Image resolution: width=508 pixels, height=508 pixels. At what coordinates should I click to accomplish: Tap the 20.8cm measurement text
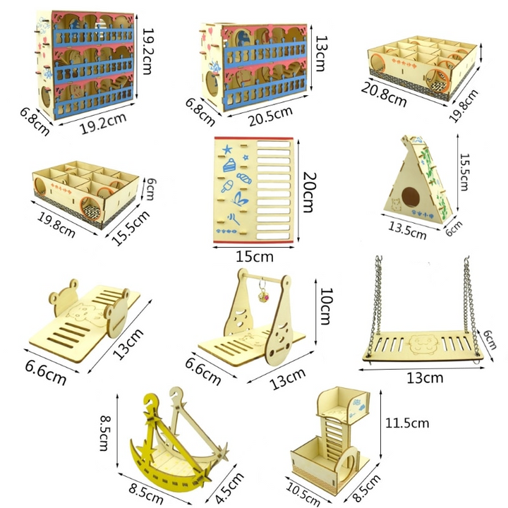pyautogui.click(x=384, y=95)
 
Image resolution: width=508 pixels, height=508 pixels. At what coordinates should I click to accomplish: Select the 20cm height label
pyautogui.click(x=309, y=192)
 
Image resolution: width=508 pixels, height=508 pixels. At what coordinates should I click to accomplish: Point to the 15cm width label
pyautogui.click(x=254, y=257)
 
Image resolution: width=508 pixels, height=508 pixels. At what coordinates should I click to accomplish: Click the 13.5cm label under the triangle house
pyautogui.click(x=407, y=231)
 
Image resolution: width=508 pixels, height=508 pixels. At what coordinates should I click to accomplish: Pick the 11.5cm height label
pyautogui.click(x=407, y=423)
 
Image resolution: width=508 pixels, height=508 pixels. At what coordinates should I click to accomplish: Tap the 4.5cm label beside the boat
pyautogui.click(x=229, y=488)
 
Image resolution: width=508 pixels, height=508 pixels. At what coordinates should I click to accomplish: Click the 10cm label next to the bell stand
pyautogui.click(x=326, y=306)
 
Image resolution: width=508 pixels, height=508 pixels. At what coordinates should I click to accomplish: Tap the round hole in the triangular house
pyautogui.click(x=410, y=197)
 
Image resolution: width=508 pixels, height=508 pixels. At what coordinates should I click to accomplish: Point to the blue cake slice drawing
pyautogui.click(x=229, y=165)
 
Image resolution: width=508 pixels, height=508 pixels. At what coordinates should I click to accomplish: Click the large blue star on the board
pyautogui.click(x=227, y=150)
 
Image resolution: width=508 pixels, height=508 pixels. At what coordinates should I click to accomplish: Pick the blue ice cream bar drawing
pyautogui.click(x=227, y=186)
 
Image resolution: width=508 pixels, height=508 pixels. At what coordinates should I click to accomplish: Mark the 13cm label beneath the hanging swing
pyautogui.click(x=425, y=378)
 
